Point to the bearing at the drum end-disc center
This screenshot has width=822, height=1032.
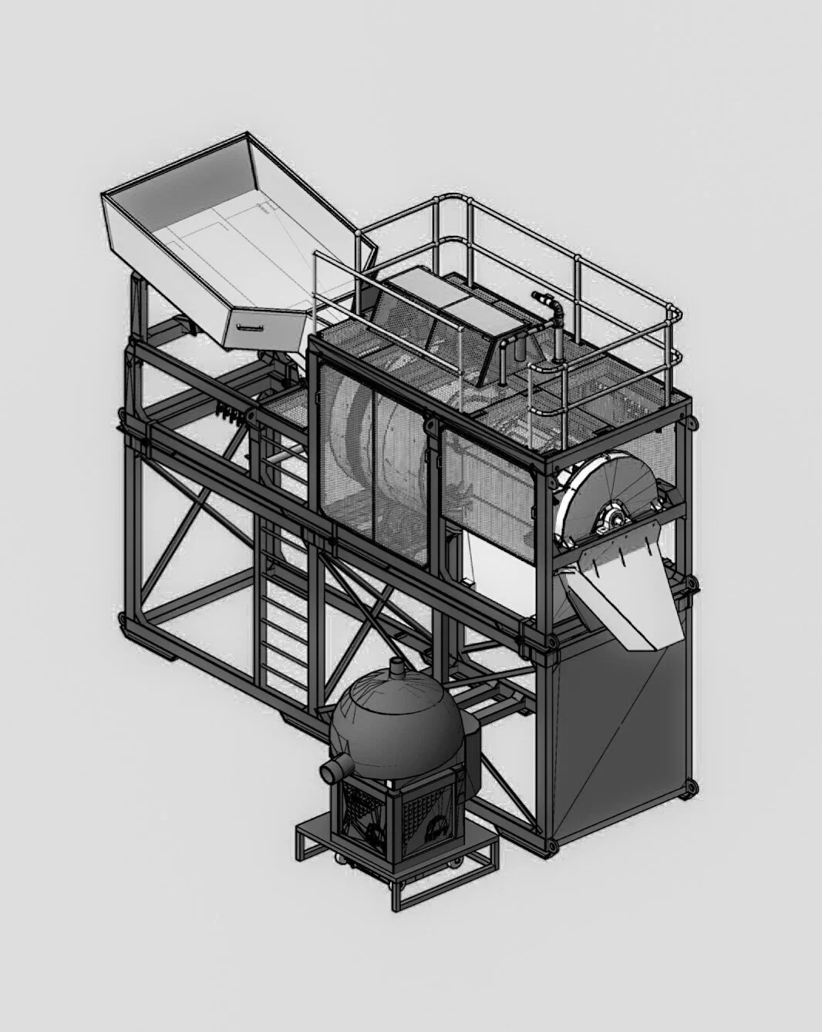pyautogui.click(x=617, y=512)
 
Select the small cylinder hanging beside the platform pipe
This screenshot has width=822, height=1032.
pyautogui.click(x=517, y=354)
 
